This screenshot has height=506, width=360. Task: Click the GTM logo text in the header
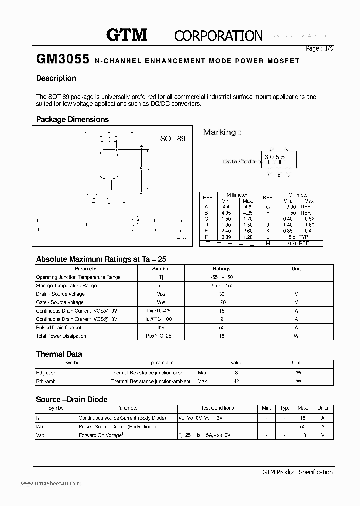127,35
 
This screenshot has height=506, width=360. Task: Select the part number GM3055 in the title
63,60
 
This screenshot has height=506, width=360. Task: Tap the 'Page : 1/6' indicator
319,49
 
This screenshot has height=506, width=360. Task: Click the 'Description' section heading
56,78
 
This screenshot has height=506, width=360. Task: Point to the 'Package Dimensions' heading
72,119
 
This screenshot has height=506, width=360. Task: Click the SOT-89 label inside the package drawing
172,139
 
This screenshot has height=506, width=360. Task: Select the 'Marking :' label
222,132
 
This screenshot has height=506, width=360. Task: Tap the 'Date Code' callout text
239,161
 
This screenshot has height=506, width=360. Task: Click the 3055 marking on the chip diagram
274,157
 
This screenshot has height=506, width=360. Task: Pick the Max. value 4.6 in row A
249,206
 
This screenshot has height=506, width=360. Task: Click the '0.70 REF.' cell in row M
299,243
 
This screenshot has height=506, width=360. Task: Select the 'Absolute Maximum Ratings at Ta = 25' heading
101,259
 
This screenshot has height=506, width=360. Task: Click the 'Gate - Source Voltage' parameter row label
60,302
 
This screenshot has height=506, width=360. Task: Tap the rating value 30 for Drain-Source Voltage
222,294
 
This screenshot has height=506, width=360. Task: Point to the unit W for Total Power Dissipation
296,336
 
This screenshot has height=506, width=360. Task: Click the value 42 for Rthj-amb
236,381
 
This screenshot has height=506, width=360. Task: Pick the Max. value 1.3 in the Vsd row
302,435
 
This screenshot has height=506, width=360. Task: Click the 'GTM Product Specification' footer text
297,472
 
